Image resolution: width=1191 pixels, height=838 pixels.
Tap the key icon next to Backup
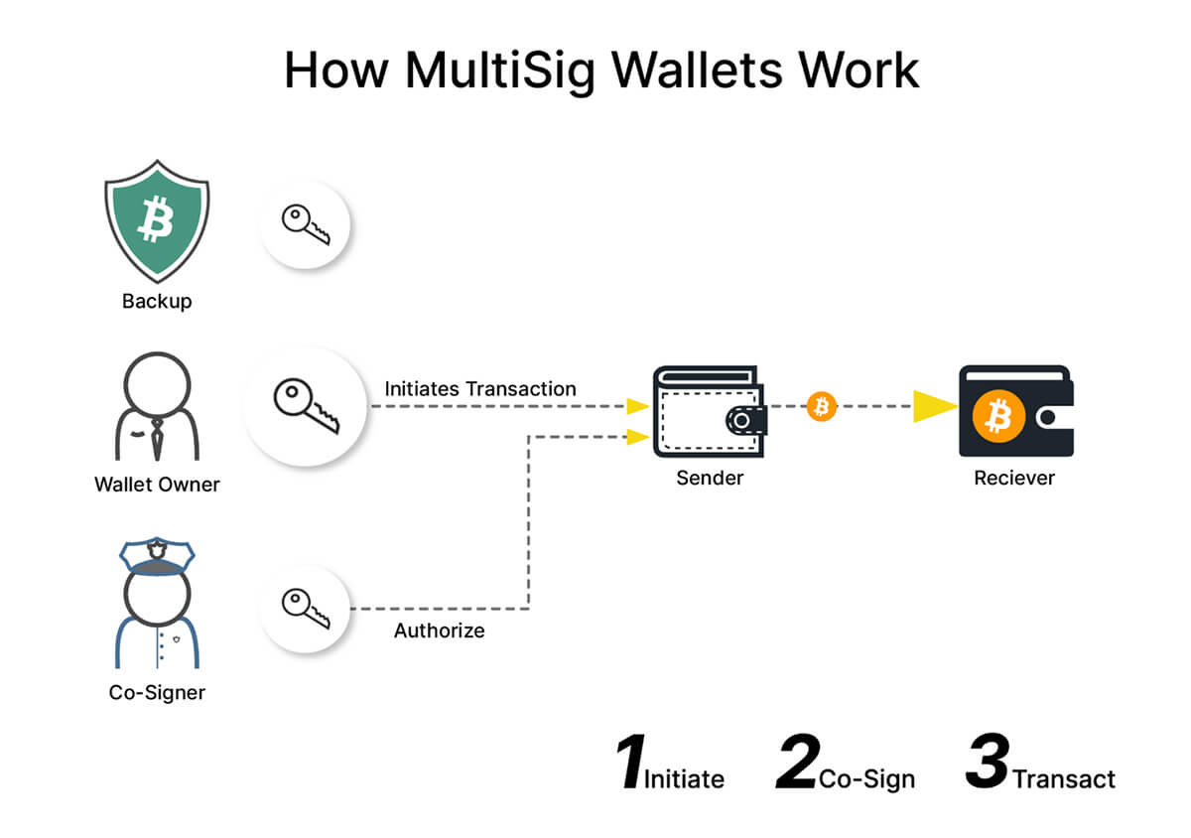(x=304, y=225)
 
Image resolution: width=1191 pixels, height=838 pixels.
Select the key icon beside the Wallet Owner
(x=306, y=406)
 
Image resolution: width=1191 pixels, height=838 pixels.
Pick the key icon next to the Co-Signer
(x=304, y=608)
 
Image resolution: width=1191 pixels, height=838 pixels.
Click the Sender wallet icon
(x=709, y=412)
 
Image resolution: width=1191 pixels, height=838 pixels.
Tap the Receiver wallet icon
(x=1015, y=412)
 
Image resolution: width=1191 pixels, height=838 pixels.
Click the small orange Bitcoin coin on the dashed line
(x=821, y=406)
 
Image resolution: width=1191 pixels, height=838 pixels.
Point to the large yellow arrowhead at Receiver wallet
(x=933, y=406)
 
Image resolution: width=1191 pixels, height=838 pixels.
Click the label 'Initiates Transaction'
(x=480, y=388)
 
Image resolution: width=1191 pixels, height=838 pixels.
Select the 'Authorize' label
(x=439, y=630)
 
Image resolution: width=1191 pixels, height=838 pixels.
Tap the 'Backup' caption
(x=157, y=300)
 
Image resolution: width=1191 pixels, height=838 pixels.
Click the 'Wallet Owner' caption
(x=157, y=485)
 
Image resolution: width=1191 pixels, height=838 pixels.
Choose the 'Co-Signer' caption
(x=157, y=692)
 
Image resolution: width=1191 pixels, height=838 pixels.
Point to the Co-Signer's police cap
(x=157, y=554)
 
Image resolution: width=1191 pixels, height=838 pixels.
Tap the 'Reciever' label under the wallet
(x=1014, y=479)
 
